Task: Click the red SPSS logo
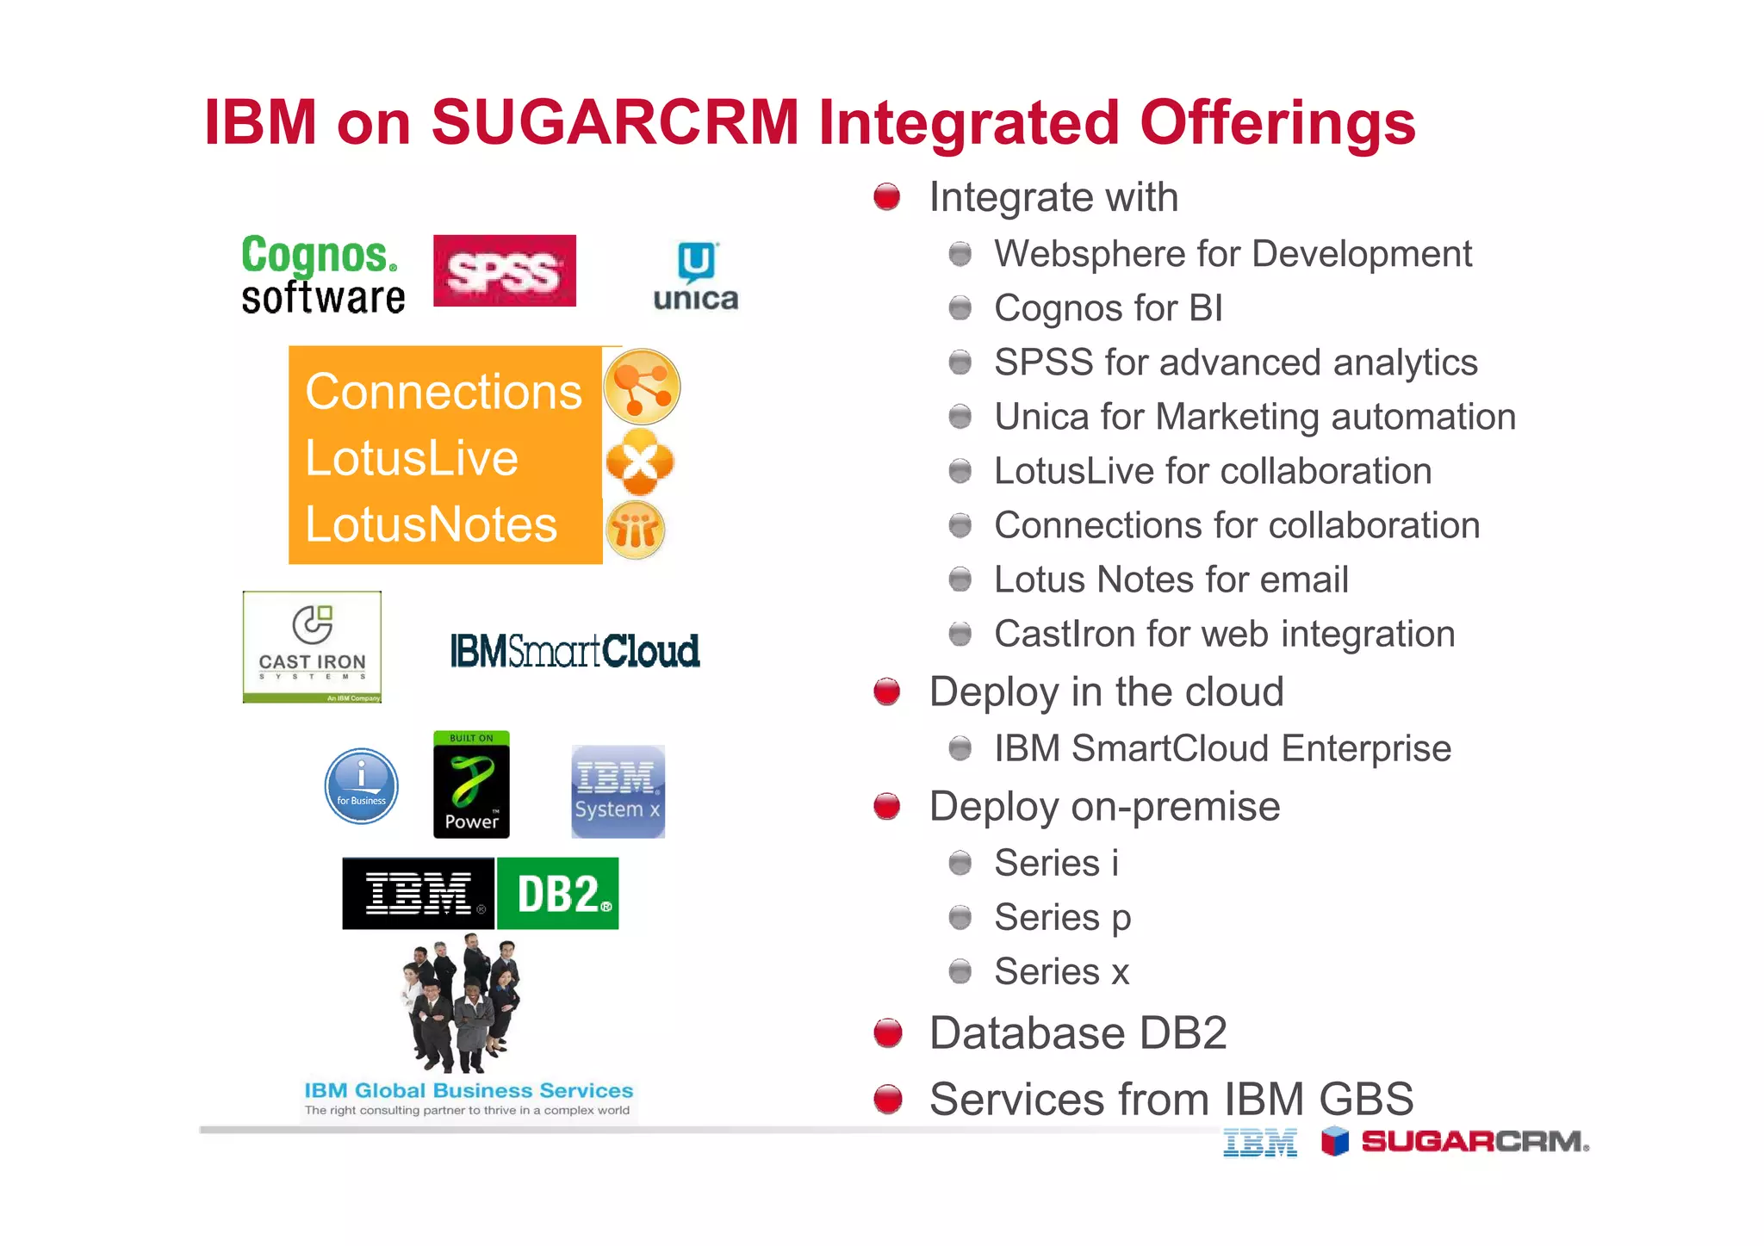pos(504,270)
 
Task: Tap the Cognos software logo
pos(322,276)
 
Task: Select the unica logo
pos(695,277)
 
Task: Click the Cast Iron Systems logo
pos(312,647)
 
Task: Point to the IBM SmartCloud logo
pos(575,651)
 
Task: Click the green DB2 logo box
pos(558,893)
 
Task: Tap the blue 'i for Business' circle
pos(361,785)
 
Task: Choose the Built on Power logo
pos(471,784)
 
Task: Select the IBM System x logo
pos(618,791)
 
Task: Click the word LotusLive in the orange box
pos(412,457)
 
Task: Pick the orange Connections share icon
pos(642,387)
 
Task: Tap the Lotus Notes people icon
pos(636,530)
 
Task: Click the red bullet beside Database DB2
pos(887,1032)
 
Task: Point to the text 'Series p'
pos(1062,917)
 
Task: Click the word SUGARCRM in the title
pos(615,122)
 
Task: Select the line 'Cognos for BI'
pos(1108,308)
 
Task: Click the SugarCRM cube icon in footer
pos(1334,1141)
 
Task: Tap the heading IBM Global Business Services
pos(469,1090)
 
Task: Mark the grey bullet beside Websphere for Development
pos(960,254)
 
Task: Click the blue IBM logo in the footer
pos(1259,1143)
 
